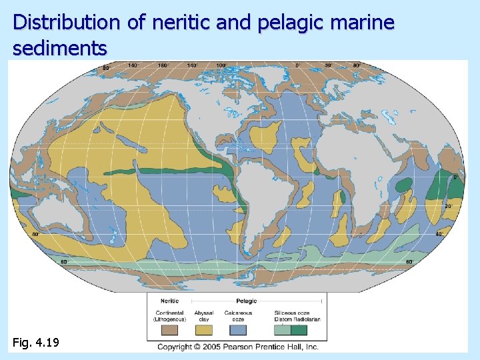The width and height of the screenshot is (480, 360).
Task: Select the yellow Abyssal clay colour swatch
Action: (204, 329)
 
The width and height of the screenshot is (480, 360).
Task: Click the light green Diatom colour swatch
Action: (283, 329)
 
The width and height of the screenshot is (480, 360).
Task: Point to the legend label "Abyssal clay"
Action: (204, 315)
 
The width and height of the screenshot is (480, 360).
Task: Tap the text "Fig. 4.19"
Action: (36, 343)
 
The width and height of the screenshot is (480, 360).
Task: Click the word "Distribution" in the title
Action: (67, 23)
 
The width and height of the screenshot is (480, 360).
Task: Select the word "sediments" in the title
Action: (60, 48)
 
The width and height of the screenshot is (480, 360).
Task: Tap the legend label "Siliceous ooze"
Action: (291, 312)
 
